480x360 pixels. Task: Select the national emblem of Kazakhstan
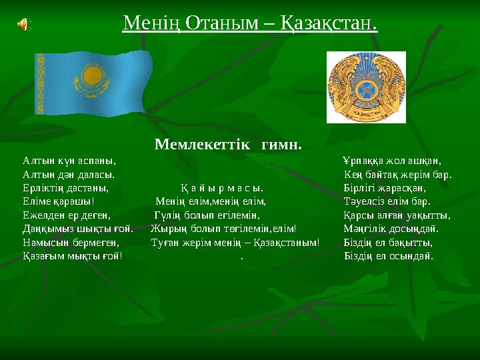click(365, 86)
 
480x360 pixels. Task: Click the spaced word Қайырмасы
click(221, 188)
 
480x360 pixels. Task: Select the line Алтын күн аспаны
click(69, 161)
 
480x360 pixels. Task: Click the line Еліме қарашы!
click(58, 201)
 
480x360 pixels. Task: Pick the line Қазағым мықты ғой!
click(72, 256)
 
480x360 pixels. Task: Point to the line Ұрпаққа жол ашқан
click(392, 161)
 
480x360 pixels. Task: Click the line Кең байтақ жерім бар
click(398, 175)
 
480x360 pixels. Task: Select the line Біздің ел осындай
click(388, 256)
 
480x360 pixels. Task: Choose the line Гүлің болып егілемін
click(207, 215)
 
